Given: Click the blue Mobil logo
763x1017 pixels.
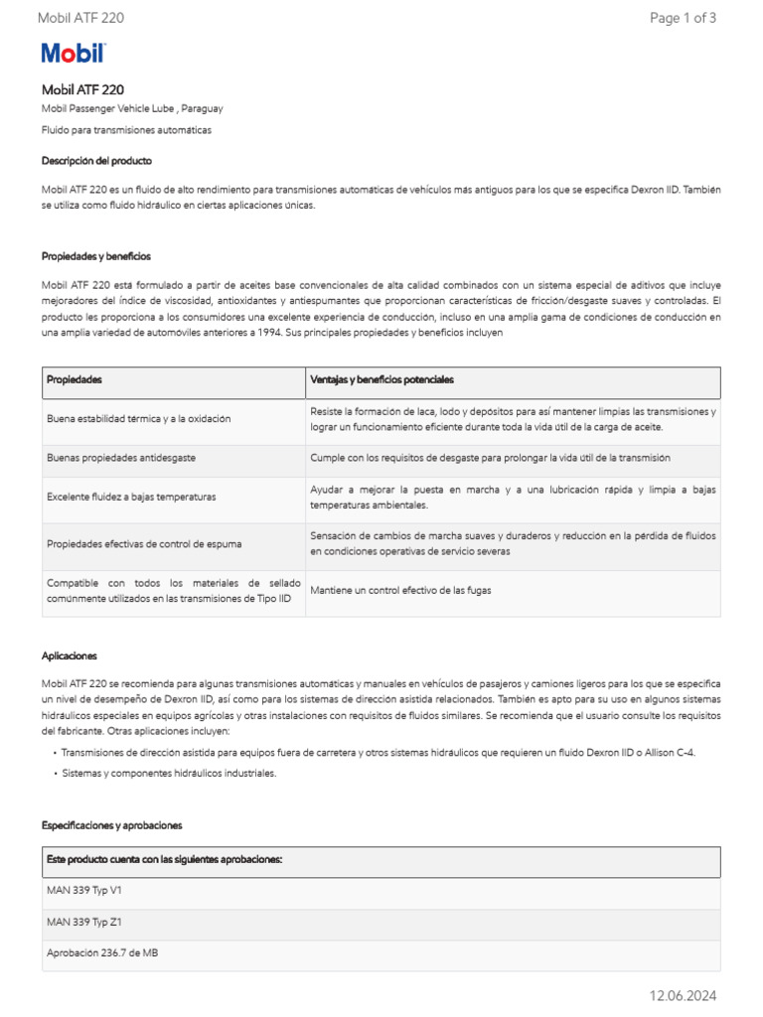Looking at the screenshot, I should coord(73,54).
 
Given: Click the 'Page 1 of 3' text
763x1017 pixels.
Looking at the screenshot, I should coord(683,18).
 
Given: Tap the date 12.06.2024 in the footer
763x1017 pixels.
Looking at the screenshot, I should coord(683,995).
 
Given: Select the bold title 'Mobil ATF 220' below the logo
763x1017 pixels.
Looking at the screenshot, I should coord(82,89).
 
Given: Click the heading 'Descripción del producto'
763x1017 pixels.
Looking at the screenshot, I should coord(96,160).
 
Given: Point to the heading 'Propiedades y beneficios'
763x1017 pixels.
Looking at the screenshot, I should coord(96,256).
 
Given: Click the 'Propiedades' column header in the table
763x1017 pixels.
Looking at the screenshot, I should coord(75,380).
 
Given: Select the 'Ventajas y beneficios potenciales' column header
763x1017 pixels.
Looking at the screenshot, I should coord(381,380).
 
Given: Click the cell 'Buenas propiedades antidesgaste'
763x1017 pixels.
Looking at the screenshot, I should coord(121,458).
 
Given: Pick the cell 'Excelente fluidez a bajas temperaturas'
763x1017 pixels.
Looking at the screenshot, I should coord(131,496).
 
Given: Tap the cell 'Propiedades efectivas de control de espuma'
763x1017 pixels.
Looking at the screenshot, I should coord(144,544).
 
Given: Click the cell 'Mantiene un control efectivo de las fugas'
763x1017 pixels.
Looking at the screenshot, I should coord(400,591).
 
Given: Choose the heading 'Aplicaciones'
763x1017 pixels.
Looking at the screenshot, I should coord(70,656).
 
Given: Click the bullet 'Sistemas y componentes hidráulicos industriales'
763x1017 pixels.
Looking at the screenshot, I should coord(169,773).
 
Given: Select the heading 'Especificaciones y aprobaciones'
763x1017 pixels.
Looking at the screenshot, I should coord(112,825).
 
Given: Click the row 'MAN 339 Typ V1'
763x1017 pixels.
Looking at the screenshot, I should coord(84,891).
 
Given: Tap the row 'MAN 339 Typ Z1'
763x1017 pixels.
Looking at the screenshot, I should coord(84,922).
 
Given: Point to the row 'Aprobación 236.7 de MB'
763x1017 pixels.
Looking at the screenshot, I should coord(102,952).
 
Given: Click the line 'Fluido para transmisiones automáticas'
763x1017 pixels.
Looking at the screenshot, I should coord(126,130).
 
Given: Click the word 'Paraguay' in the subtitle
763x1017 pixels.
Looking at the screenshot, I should coord(203,108).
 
